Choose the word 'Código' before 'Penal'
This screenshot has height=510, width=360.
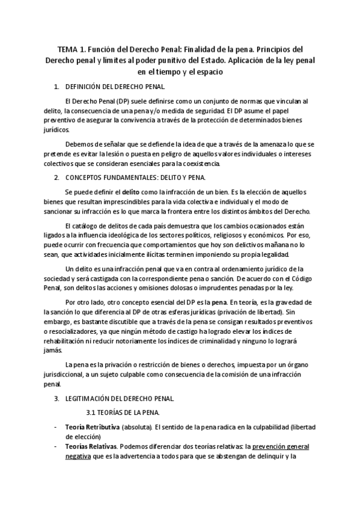(x=291, y=278)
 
